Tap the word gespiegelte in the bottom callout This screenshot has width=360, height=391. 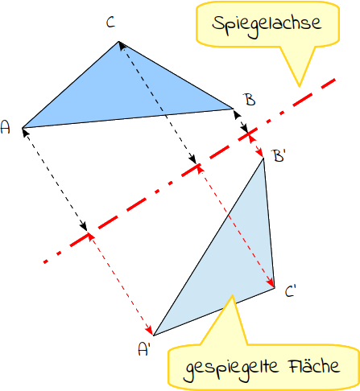[x=232, y=368]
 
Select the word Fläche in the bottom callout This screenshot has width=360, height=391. [x=314, y=365]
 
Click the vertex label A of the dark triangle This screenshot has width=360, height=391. [x=6, y=127]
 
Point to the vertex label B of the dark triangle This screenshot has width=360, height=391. [x=250, y=100]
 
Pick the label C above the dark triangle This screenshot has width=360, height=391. [x=110, y=22]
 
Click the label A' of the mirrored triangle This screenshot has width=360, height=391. [x=143, y=349]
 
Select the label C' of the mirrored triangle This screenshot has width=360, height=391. [x=290, y=291]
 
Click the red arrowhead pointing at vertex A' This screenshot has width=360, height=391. [x=150, y=329]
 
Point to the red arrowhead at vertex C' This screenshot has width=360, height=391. [x=271, y=282]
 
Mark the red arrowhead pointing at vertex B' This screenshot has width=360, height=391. [x=260, y=154]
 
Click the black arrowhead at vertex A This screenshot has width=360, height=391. [x=25, y=133]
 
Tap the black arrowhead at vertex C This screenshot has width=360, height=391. [x=122, y=46]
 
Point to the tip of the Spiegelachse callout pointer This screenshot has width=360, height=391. [x=299, y=86]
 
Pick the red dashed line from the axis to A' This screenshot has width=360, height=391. [x=121, y=285]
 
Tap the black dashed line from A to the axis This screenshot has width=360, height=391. [x=55, y=179]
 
